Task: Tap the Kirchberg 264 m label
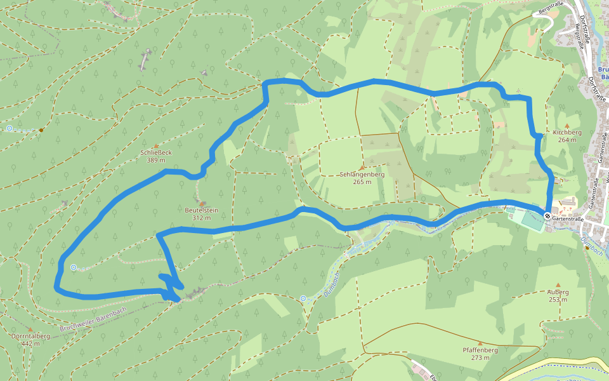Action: (x=566, y=136)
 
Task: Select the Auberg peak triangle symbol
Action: (x=558, y=284)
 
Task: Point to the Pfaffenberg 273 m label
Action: (x=480, y=354)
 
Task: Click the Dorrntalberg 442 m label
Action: (x=30, y=339)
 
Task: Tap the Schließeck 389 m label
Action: (x=156, y=156)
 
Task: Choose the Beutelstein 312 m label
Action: (x=201, y=213)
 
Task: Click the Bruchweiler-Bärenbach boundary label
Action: (x=94, y=319)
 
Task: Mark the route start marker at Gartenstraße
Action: (x=547, y=217)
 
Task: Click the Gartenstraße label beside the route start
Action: (x=568, y=218)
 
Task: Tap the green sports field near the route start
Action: (x=526, y=218)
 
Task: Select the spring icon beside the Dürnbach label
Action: (x=303, y=298)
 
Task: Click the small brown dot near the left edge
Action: (x=41, y=130)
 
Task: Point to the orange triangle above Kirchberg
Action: (x=567, y=126)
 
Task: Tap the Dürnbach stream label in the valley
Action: (x=331, y=284)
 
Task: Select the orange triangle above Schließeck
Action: (x=156, y=145)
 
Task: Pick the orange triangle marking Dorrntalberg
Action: (x=30, y=329)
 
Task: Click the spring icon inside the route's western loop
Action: (x=74, y=267)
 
